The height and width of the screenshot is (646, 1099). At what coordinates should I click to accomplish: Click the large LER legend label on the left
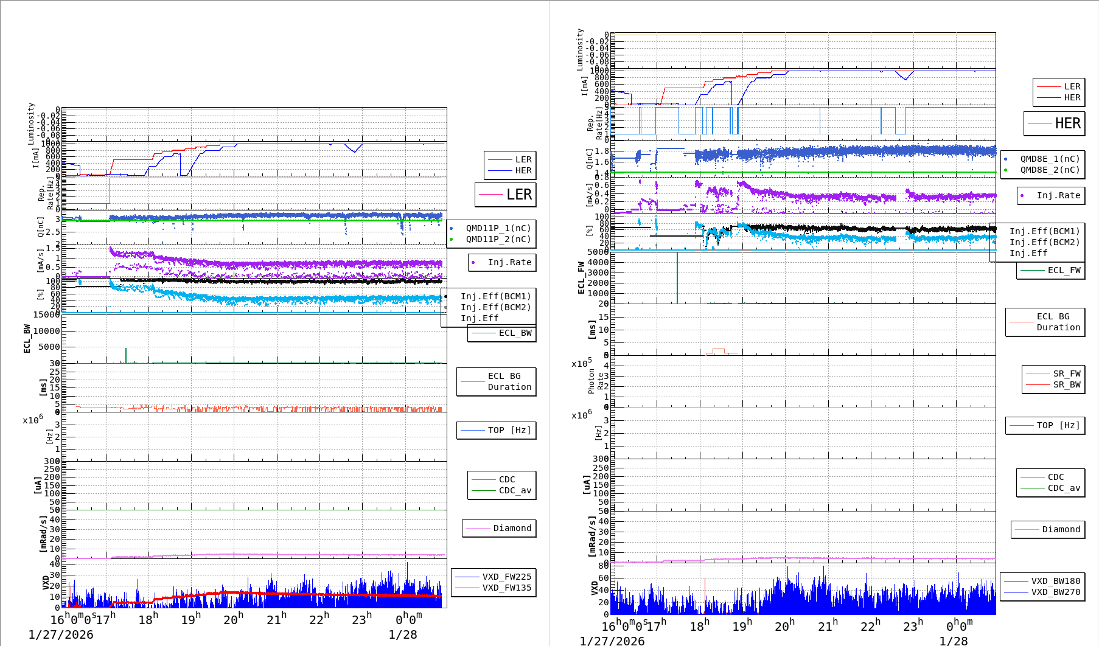(518, 195)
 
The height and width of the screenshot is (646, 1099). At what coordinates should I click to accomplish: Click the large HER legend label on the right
(1067, 123)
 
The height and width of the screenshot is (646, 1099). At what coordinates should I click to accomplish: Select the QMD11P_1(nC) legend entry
(498, 229)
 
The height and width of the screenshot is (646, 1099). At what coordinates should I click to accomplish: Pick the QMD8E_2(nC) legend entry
(1050, 170)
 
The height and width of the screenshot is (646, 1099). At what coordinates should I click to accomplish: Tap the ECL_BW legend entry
(515, 333)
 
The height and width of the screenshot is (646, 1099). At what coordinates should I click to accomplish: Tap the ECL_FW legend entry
(1064, 271)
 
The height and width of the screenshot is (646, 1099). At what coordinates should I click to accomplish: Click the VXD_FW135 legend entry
(506, 588)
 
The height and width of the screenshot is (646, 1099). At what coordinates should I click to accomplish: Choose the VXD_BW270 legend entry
(1055, 592)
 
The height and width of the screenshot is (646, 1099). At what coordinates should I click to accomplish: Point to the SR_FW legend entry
(1067, 373)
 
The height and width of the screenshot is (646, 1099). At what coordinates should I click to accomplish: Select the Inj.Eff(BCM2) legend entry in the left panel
(495, 308)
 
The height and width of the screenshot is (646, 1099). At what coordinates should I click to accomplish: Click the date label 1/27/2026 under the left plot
(61, 635)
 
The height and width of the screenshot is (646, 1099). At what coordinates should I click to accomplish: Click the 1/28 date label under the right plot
(953, 641)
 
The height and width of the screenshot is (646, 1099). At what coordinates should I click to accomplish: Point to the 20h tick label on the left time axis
(233, 620)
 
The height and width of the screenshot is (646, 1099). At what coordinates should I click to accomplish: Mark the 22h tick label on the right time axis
(870, 626)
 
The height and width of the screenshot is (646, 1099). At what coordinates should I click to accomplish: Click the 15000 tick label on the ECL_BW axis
(46, 314)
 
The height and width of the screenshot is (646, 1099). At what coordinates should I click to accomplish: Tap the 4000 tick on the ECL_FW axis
(598, 262)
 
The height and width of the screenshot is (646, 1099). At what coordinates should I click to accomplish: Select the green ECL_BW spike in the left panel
(126, 355)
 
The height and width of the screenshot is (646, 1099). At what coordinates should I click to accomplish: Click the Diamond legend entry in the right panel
(1061, 530)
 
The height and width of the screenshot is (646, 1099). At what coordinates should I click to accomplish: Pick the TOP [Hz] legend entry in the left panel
(509, 431)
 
